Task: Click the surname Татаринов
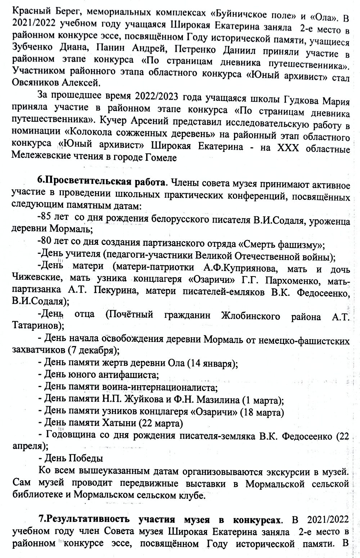35,326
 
